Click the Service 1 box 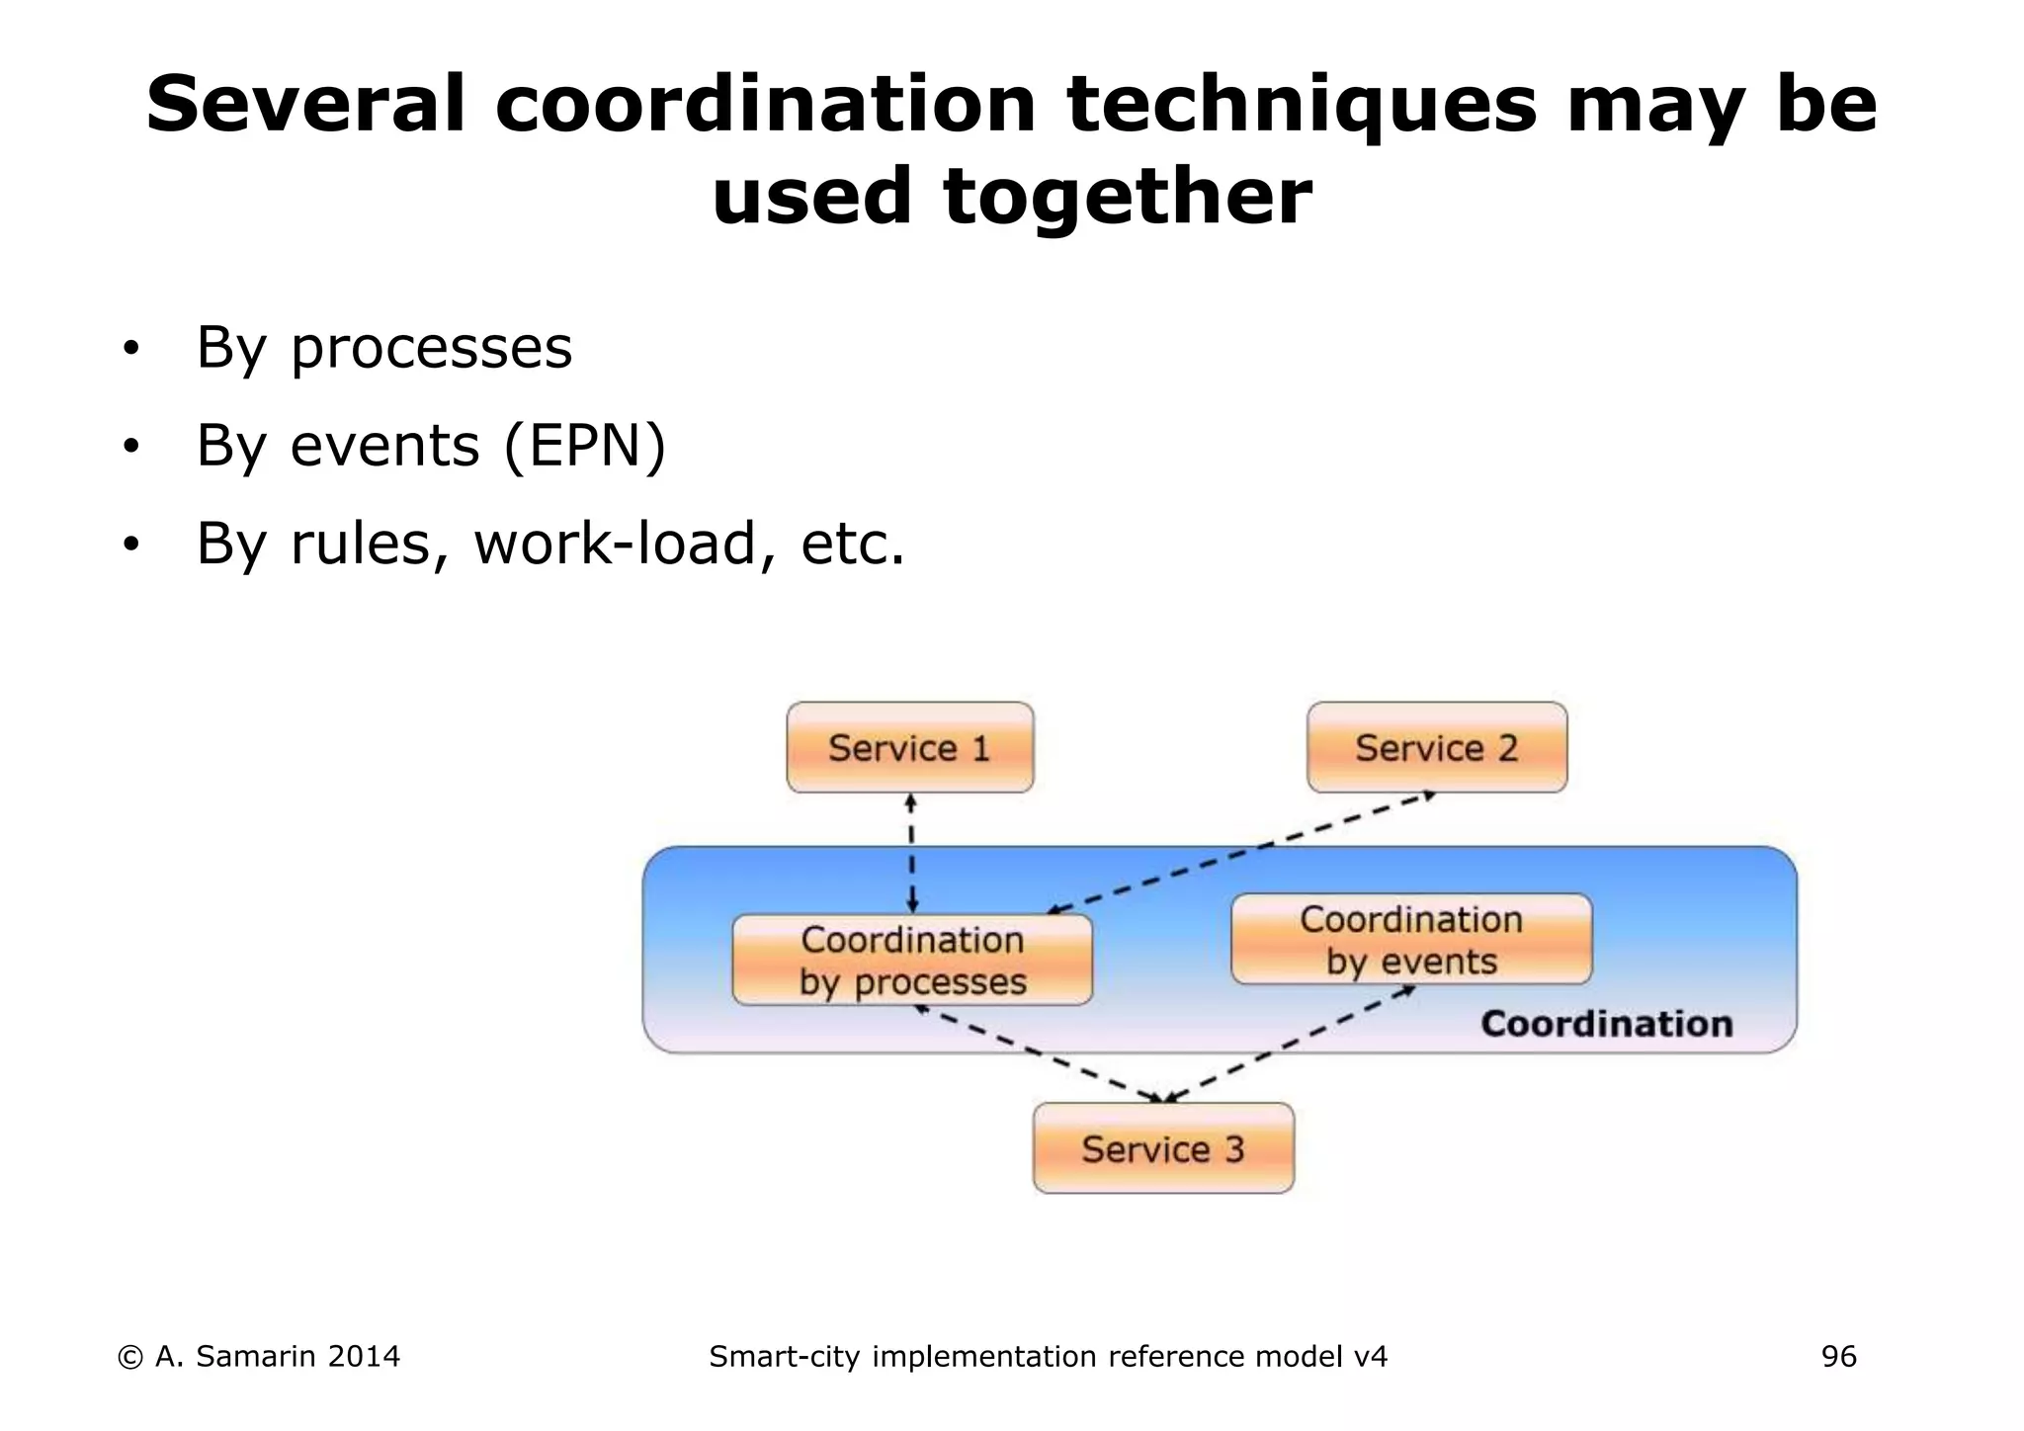point(909,748)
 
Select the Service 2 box point(1436,748)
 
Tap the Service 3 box point(1163,1148)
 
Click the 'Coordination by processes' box point(912,960)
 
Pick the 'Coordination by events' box point(1411,940)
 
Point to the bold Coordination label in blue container point(1606,1024)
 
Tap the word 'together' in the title point(1127,196)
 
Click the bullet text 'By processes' point(383,348)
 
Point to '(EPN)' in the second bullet point(585,446)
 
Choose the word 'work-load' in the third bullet point(616,544)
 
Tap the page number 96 point(1838,1357)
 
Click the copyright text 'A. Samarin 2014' point(277,1357)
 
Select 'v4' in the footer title point(1370,1357)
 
